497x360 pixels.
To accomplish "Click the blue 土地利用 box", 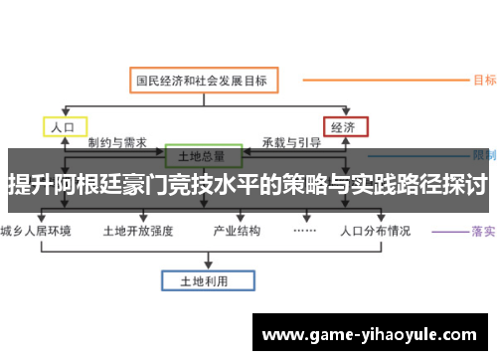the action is pyautogui.click(x=202, y=281).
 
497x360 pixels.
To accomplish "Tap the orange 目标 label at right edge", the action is pyautogui.click(x=485, y=80).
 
